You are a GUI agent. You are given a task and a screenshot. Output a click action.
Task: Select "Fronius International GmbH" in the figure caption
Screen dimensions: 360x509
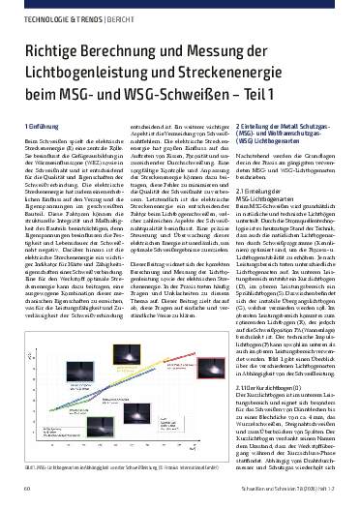coord(197,464)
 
